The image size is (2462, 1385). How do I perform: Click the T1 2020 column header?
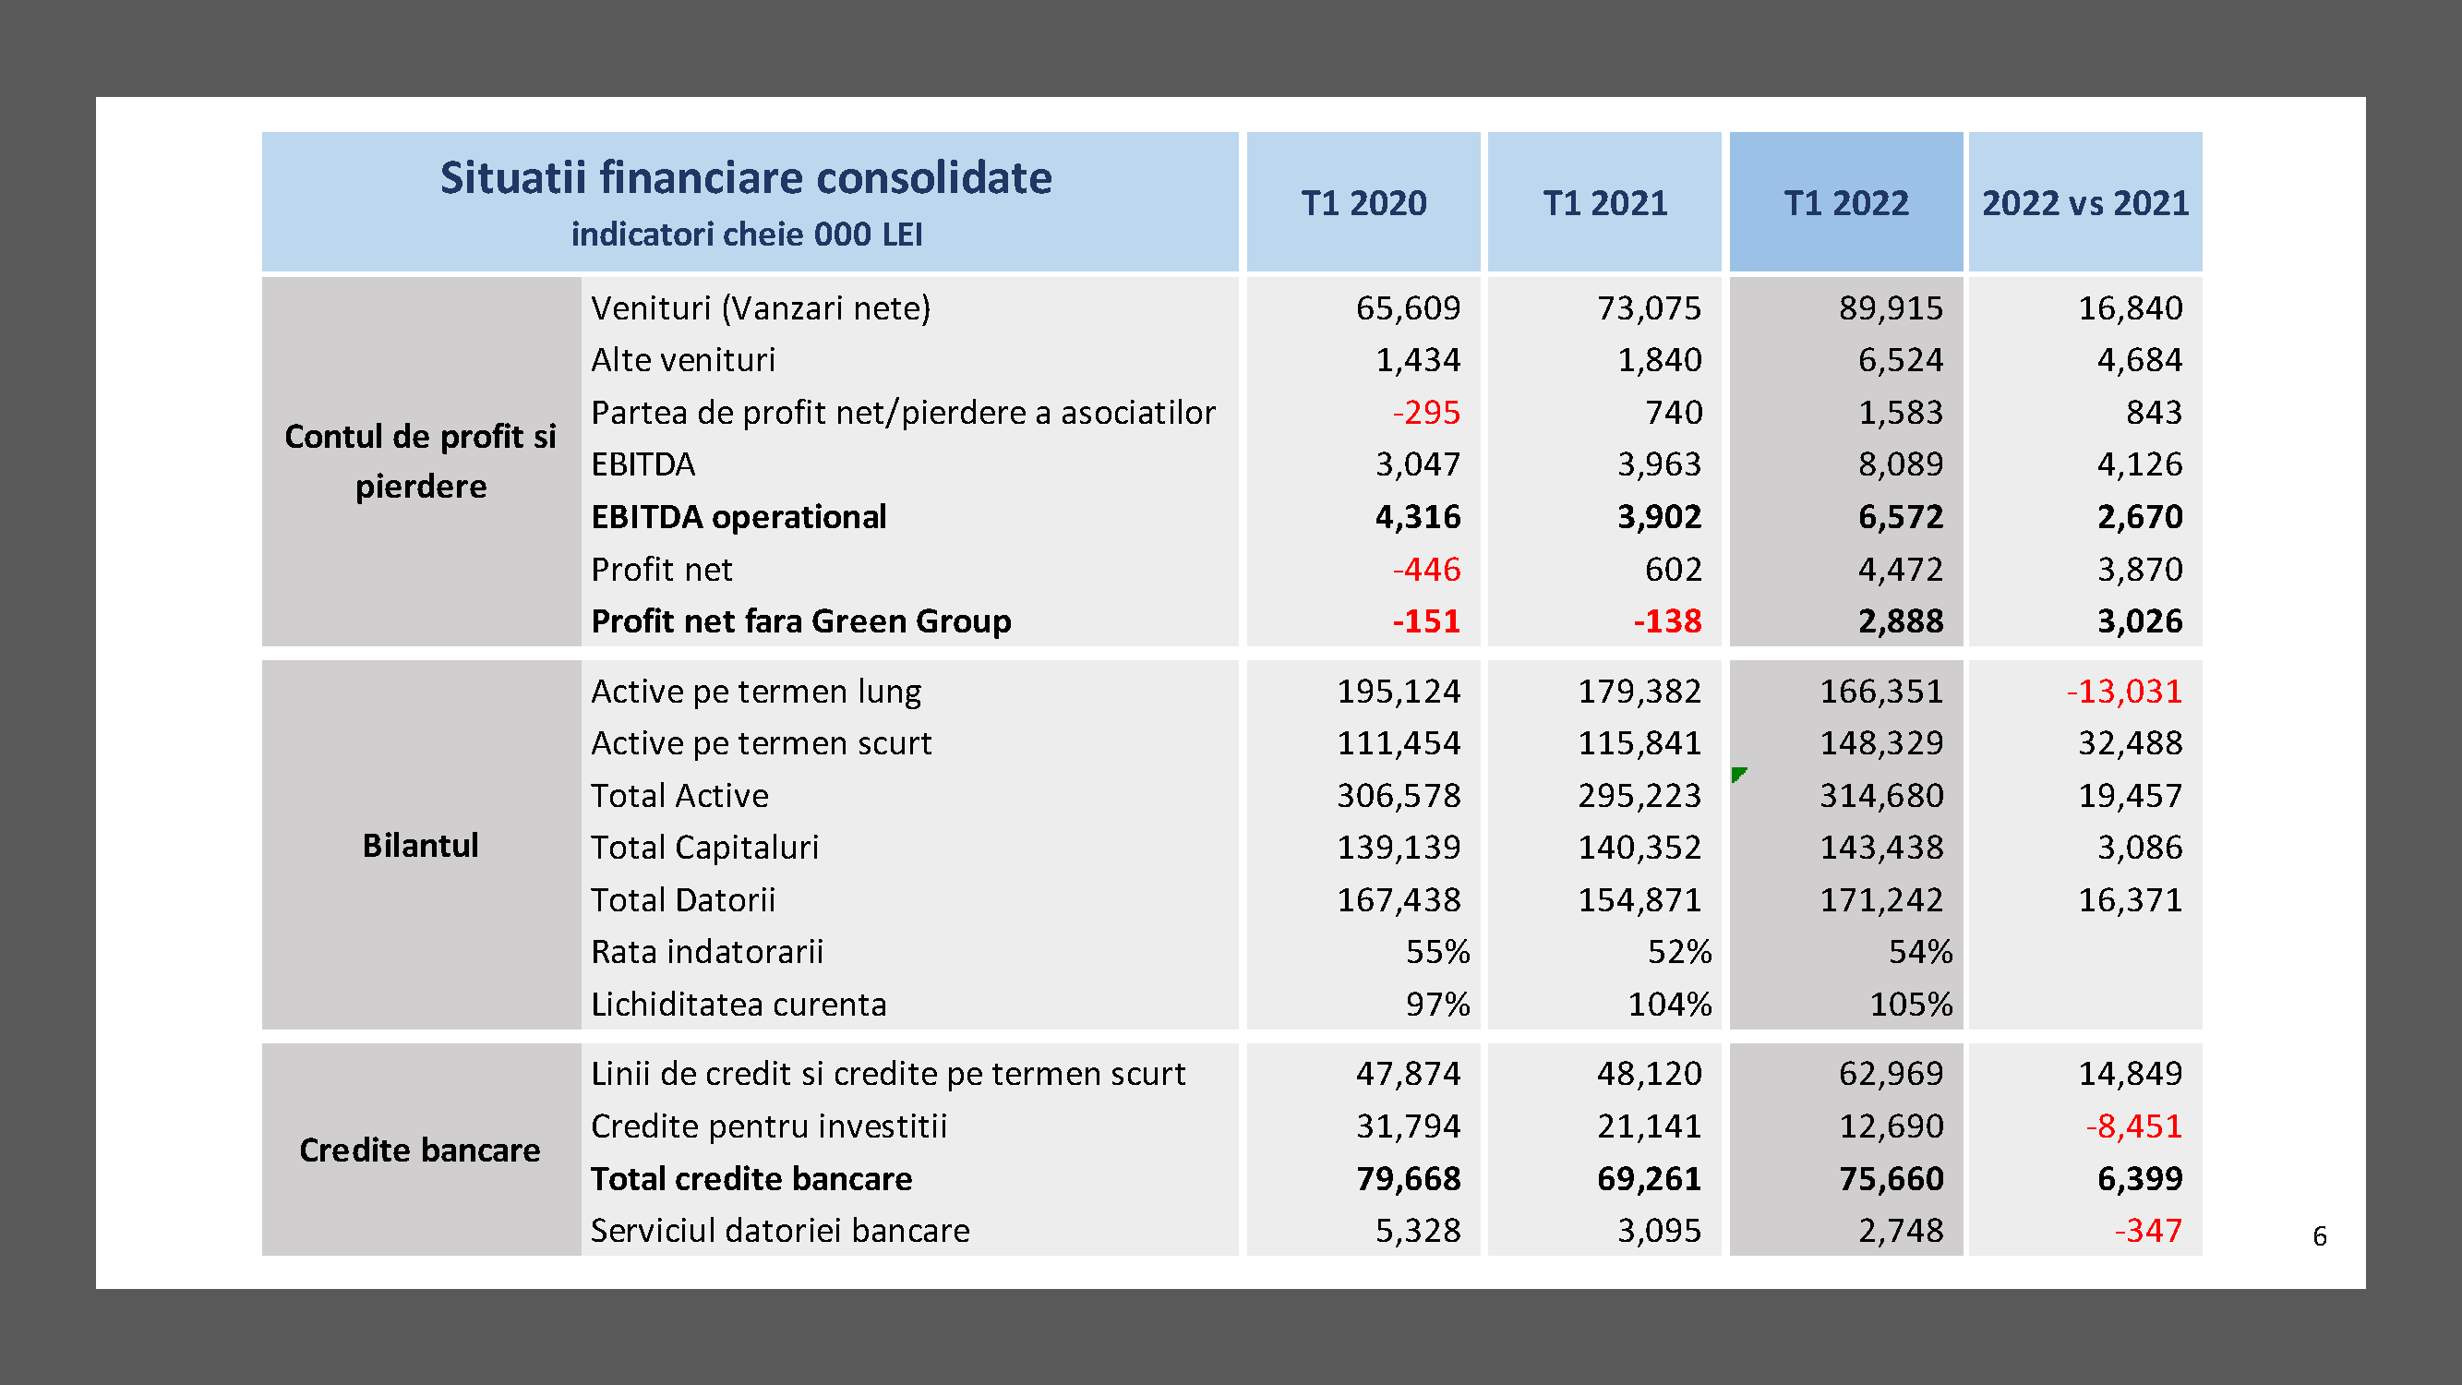pos(1363,202)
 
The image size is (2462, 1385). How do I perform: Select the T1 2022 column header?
pos(1845,202)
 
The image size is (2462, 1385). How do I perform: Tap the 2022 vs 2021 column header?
pos(2084,202)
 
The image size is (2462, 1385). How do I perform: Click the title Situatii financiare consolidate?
pos(746,178)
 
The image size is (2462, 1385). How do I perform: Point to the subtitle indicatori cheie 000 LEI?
pos(747,235)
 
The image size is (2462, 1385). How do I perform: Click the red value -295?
pos(1426,412)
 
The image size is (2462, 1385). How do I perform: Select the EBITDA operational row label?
pos(738,517)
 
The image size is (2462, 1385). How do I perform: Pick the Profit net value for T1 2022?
pos(1900,570)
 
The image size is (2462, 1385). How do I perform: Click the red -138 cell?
pos(1667,621)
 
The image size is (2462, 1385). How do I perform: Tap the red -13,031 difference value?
pos(2123,691)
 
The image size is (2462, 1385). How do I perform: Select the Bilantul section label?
pos(420,846)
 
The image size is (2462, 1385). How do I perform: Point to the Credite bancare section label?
pos(420,1150)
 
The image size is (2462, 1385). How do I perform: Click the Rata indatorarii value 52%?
pos(1679,952)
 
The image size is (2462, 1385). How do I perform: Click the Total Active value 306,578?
pos(1399,795)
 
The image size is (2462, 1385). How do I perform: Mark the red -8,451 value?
pos(2133,1126)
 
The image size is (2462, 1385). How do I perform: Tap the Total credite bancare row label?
pos(751,1178)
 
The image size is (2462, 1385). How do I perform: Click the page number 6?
pos(2320,1237)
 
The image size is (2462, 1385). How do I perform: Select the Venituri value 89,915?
pos(1891,307)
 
